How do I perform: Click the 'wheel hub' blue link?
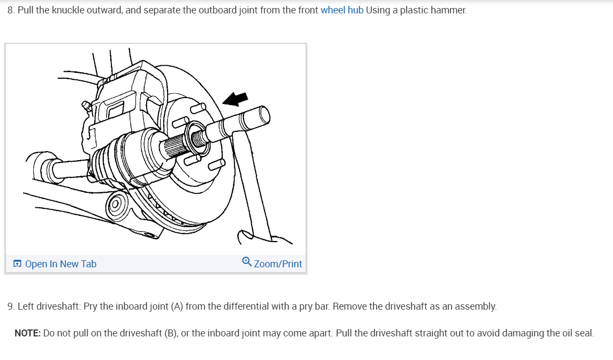(x=342, y=10)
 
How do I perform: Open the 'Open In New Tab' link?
(x=60, y=264)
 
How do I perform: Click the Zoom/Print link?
(x=278, y=264)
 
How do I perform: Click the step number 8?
(x=11, y=10)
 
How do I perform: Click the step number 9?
(x=11, y=306)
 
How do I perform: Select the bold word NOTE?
(x=27, y=333)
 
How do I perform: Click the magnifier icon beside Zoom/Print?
(x=246, y=261)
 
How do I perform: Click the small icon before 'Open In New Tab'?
(x=18, y=264)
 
